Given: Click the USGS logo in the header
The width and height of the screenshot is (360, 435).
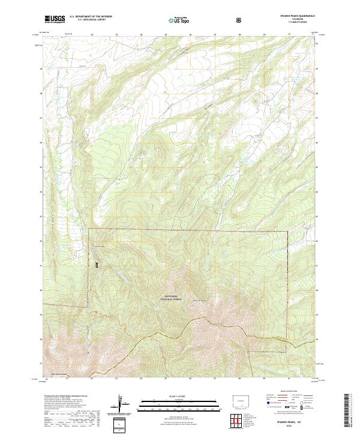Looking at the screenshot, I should [55, 19].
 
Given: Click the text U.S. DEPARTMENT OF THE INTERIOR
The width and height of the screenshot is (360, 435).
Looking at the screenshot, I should [91, 17].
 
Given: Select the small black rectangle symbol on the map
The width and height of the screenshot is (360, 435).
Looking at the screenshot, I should [94, 263].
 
